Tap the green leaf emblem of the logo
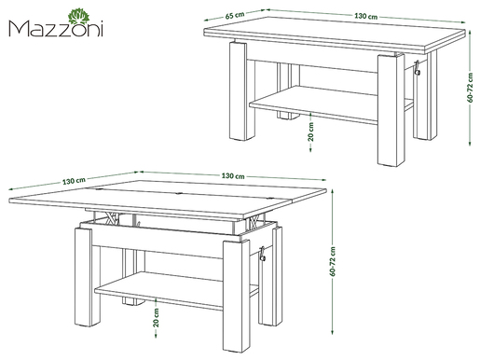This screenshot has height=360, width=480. (x=78, y=14)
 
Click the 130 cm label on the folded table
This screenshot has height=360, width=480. (x=366, y=17)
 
